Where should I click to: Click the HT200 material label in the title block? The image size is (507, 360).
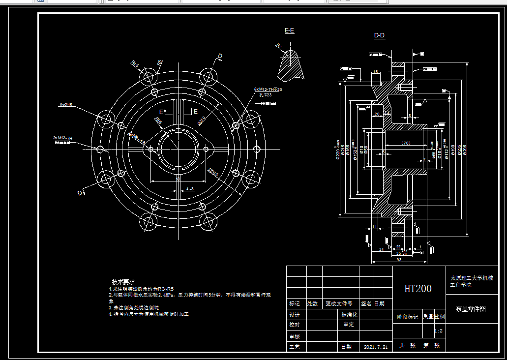click(x=418, y=289)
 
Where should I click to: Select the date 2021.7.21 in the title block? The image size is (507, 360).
click(x=376, y=347)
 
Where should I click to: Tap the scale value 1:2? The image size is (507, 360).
click(x=439, y=331)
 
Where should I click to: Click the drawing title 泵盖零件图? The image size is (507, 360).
click(x=471, y=309)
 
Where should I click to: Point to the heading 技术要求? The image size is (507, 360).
click(x=123, y=282)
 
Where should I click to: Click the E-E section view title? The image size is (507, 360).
click(x=290, y=30)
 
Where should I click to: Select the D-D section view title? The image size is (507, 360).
click(x=380, y=35)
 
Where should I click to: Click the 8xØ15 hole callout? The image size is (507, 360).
click(x=65, y=105)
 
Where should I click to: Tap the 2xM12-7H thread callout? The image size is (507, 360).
click(x=62, y=138)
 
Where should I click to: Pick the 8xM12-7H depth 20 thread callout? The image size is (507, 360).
click(x=268, y=90)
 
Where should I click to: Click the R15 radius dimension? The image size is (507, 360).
click(x=135, y=64)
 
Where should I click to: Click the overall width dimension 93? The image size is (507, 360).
click(x=398, y=260)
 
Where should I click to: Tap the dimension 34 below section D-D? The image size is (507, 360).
click(x=381, y=250)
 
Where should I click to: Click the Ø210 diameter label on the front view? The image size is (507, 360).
click(x=202, y=120)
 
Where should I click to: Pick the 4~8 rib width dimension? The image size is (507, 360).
click(x=190, y=189)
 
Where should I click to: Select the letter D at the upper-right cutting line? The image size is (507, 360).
click(x=220, y=57)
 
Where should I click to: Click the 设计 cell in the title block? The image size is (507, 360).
click(x=295, y=315)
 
